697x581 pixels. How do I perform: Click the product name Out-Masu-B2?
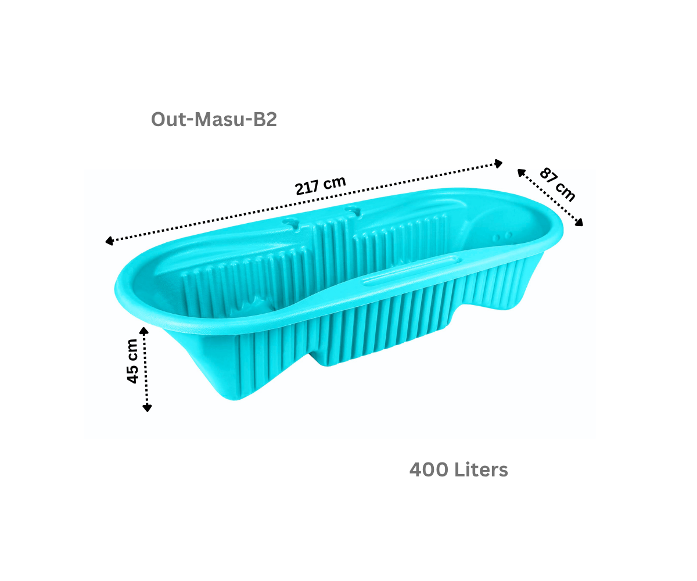pos(214,119)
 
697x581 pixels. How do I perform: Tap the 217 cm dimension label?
pos(320,185)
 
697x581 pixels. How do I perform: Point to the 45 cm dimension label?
pos(132,361)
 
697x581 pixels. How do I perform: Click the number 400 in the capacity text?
pos(429,469)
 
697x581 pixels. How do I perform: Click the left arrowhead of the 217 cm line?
pos(109,241)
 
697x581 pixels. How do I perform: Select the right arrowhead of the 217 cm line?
pos(498,163)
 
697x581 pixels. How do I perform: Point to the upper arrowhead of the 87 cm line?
pos(522,173)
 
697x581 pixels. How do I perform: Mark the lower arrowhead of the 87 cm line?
pos(579,222)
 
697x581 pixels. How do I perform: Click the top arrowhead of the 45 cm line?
pos(144,331)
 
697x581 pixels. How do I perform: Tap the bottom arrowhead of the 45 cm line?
pos(147,408)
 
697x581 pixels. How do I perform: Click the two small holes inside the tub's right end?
pos(502,236)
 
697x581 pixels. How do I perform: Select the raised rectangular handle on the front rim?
pos(412,274)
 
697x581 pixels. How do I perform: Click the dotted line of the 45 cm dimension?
pos(146,370)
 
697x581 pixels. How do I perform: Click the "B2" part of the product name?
pos(265,119)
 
